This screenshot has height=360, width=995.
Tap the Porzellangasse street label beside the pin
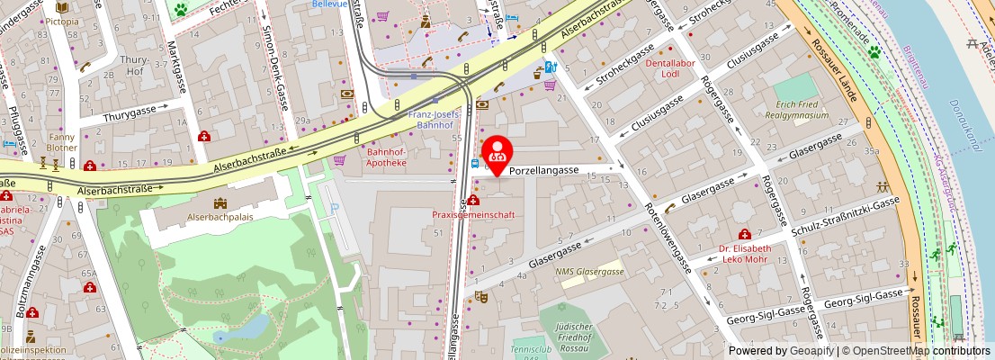543,169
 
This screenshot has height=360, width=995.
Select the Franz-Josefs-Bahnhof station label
435,121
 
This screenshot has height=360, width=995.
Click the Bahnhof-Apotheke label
386,157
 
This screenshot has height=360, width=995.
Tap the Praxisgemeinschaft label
473,215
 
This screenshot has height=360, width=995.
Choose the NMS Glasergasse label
589,272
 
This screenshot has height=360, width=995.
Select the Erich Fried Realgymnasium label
796,110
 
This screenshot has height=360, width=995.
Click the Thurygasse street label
130,115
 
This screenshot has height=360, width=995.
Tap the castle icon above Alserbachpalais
220,202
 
